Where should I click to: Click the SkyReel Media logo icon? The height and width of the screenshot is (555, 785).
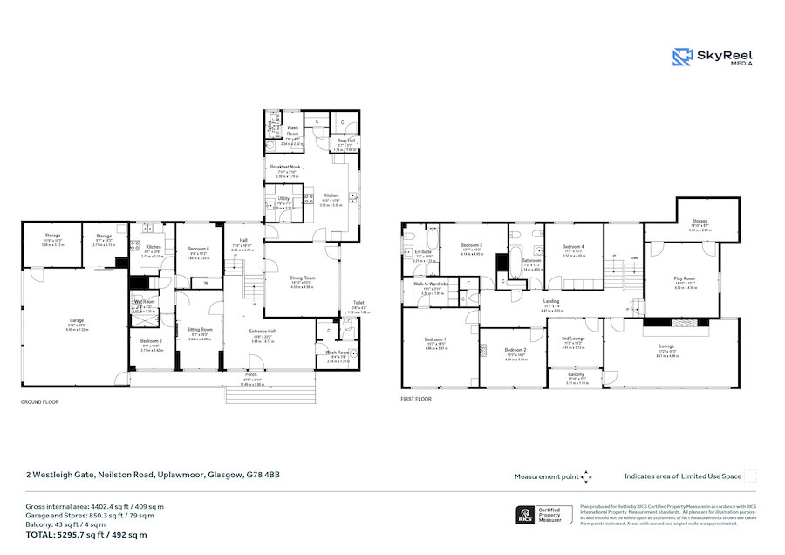click(x=682, y=58)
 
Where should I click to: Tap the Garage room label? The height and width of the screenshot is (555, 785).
click(x=78, y=325)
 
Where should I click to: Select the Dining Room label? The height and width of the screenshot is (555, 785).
click(x=301, y=278)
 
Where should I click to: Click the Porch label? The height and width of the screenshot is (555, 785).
click(x=251, y=378)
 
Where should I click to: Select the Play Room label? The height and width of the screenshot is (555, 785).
click(x=684, y=278)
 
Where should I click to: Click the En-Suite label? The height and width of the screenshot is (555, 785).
click(x=423, y=251)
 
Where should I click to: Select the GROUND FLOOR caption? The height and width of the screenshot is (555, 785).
click(x=39, y=401)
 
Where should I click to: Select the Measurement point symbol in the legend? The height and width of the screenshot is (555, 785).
click(x=586, y=476)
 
